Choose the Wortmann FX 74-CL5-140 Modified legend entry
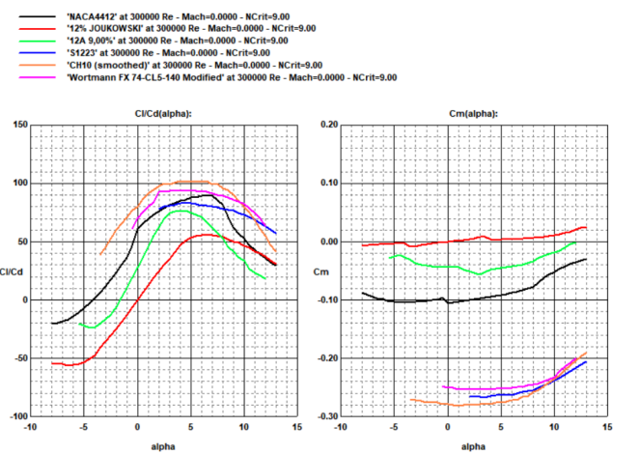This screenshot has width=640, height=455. point(232,77)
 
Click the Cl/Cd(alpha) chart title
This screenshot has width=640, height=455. point(162,113)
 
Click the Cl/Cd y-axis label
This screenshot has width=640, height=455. point(14,270)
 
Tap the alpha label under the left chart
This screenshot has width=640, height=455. point(163,446)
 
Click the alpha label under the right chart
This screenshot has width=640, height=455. point(473,446)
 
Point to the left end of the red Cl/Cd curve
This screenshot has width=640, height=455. point(52,363)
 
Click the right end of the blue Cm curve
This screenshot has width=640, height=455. point(586,361)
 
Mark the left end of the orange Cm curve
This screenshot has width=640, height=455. point(411,399)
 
